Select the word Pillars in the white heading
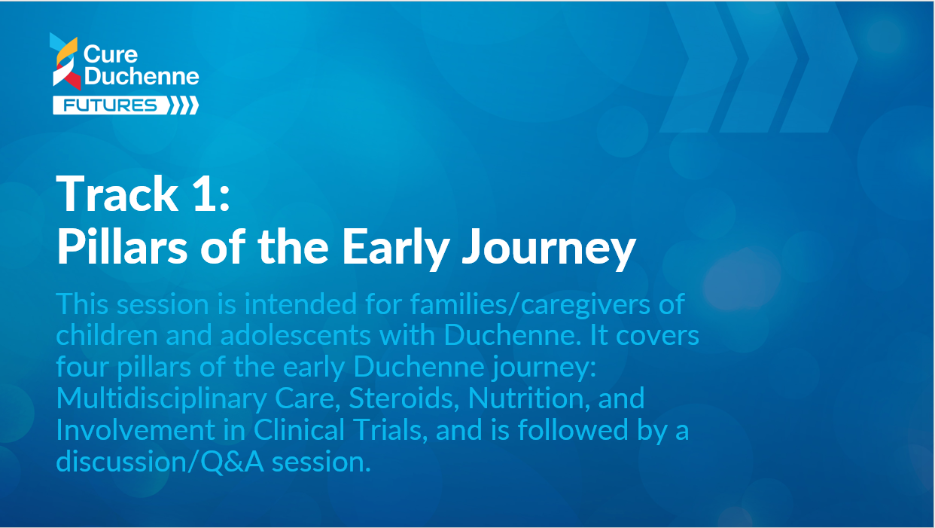pos(122,246)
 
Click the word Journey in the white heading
pos(549,250)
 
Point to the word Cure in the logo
pos(110,55)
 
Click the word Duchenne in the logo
pos(142,76)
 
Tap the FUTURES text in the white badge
pos(110,105)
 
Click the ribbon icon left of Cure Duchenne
pos(65,61)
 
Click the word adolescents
pos(296,335)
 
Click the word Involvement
pos(136,430)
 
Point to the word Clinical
pos(299,430)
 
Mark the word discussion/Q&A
pos(160,462)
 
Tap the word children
pos(107,335)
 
